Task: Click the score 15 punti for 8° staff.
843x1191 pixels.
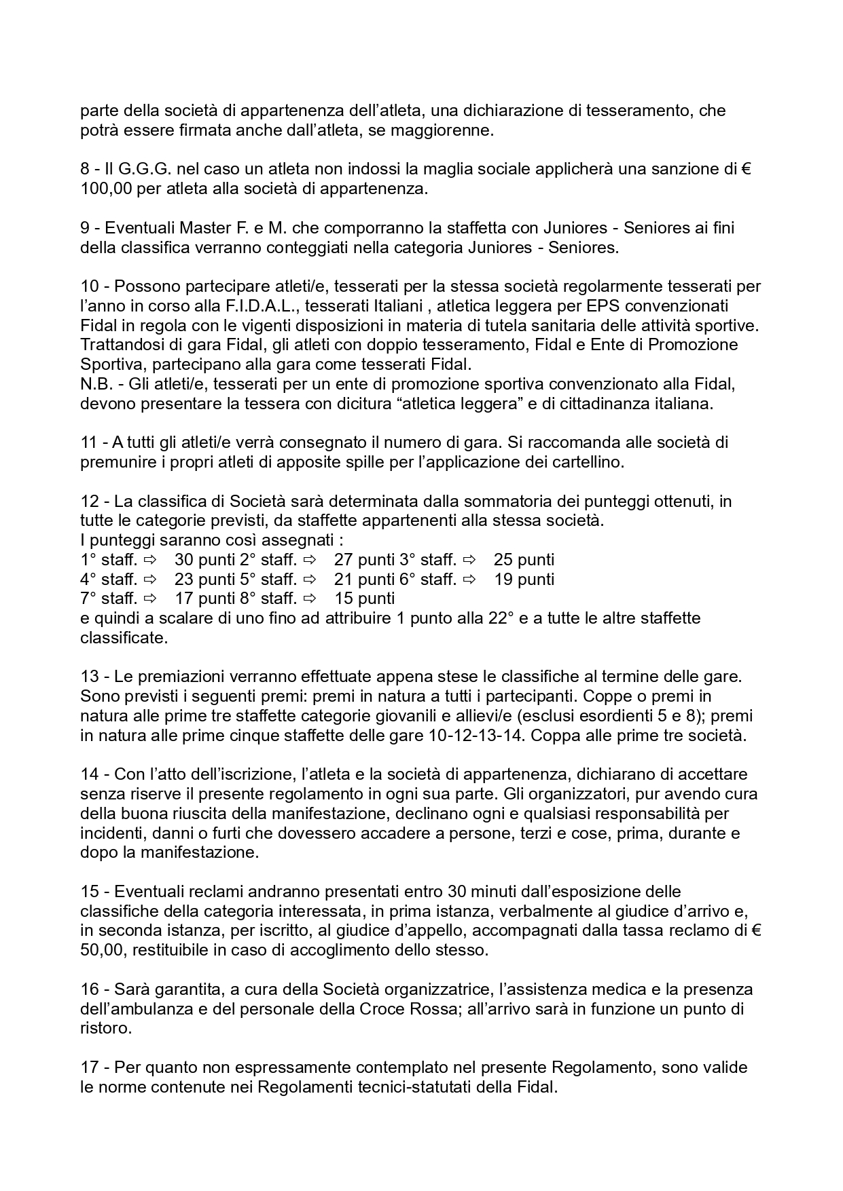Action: click(x=365, y=599)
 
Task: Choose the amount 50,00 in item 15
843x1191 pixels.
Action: click(x=102, y=950)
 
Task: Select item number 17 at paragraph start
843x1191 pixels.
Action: click(x=89, y=1067)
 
